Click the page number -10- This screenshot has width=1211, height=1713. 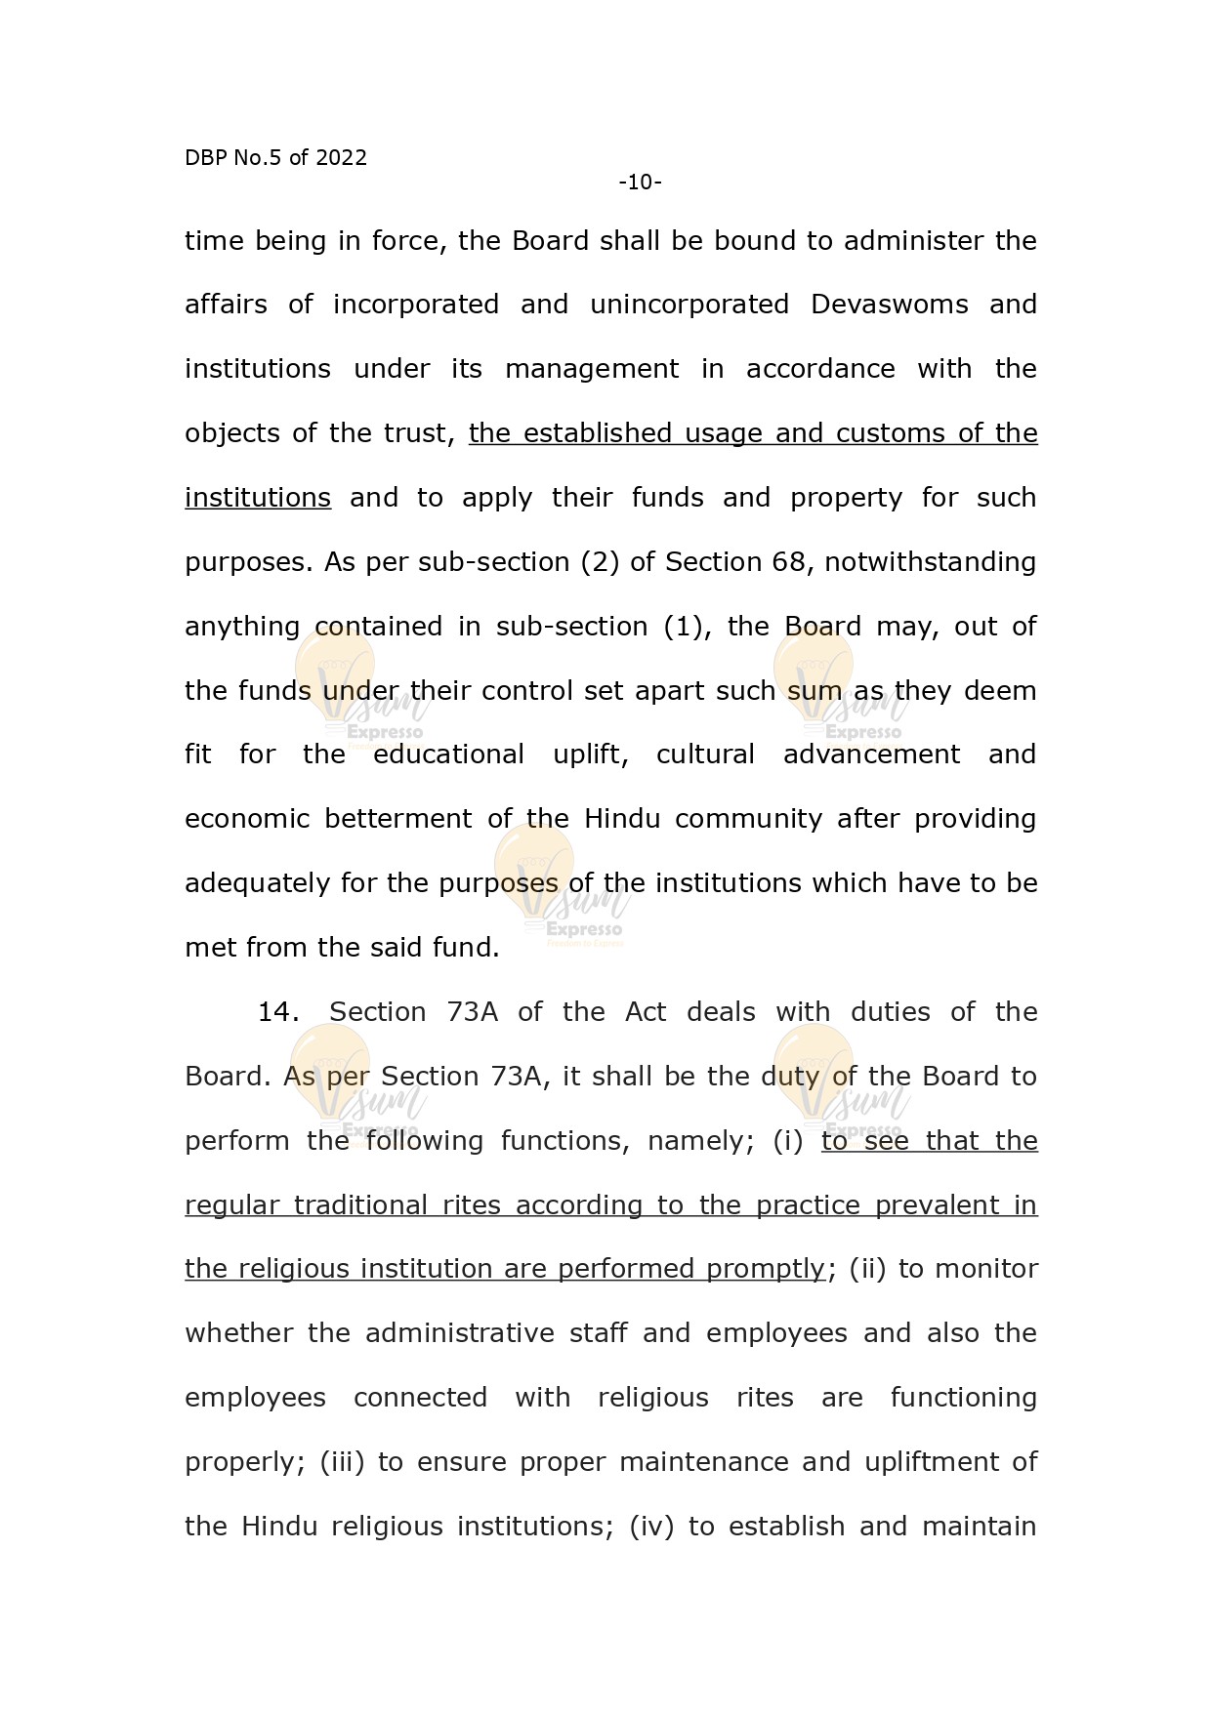pyautogui.click(x=640, y=183)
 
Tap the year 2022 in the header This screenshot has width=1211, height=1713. pyautogui.click(x=341, y=158)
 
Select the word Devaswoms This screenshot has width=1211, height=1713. pyautogui.click(x=889, y=305)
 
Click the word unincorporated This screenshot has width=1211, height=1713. pyautogui.click(x=689, y=305)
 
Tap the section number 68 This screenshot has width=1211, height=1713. pyautogui.click(x=788, y=562)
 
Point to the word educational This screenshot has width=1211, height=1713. pyautogui.click(x=448, y=755)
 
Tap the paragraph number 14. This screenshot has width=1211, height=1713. pyautogui.click(x=277, y=1012)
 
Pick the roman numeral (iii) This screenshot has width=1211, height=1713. pyautogui.click(x=342, y=1462)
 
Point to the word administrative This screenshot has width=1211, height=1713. pyautogui.click(x=460, y=1333)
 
